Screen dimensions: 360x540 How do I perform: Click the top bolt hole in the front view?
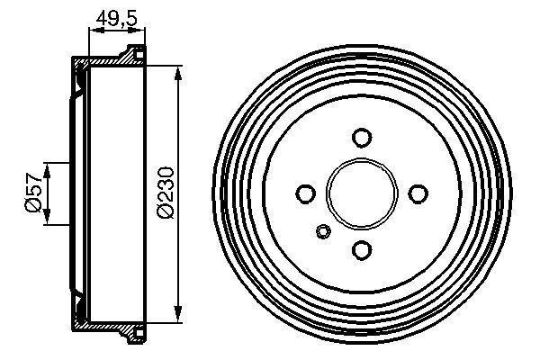(362, 138)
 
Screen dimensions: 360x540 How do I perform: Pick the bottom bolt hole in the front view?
(362, 249)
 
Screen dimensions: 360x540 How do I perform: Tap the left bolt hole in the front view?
(306, 193)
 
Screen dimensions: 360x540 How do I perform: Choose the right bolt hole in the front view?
(418, 193)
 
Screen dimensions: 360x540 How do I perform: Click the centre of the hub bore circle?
(362, 193)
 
